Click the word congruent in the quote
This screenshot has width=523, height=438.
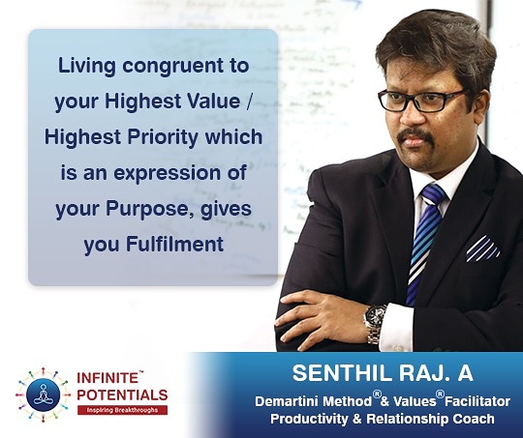pyautogui.click(x=172, y=67)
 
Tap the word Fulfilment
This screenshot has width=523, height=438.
pyautogui.click(x=174, y=245)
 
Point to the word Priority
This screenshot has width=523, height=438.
pyautogui.click(x=163, y=138)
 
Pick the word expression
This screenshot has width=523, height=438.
pyautogui.click(x=168, y=174)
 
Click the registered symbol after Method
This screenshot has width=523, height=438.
pyautogui.click(x=377, y=394)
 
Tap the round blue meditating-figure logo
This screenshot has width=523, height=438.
pyautogui.click(x=44, y=395)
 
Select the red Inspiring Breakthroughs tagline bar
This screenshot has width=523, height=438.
pyautogui.click(x=122, y=410)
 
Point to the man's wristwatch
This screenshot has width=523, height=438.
pyautogui.click(x=375, y=323)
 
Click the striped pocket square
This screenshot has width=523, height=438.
pyautogui.click(x=482, y=248)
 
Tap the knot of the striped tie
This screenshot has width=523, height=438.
pyautogui.click(x=433, y=193)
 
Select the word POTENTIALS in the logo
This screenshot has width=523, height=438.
pyautogui.click(x=122, y=395)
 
